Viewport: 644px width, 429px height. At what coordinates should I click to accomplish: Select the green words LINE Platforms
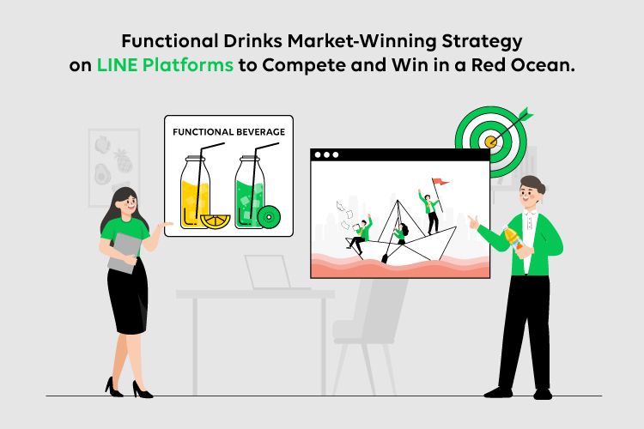pos(165,65)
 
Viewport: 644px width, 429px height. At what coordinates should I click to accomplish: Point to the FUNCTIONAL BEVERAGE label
pos(228,132)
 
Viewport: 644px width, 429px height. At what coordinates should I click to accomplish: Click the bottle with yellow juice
pos(195,192)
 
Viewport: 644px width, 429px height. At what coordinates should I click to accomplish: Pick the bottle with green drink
pos(250,192)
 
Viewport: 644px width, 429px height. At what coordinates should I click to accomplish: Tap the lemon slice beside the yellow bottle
pos(216,221)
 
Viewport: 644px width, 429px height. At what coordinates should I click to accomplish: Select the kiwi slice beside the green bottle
pos(269,216)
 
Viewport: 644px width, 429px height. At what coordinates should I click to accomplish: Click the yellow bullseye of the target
pos(490,142)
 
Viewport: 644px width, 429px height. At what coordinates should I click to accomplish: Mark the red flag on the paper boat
pos(440,181)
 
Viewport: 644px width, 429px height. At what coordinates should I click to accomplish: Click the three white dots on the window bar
pos(326,154)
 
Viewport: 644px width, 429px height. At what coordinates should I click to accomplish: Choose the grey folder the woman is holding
pos(125,252)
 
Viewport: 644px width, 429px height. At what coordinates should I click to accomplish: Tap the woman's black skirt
pos(128,295)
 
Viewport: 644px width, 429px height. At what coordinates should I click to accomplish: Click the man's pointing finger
pos(471,219)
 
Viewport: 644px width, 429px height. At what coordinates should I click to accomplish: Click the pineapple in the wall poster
pos(123,160)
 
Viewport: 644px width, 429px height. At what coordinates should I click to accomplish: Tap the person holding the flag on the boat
pos(429,211)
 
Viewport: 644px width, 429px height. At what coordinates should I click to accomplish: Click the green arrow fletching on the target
pos(526,113)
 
